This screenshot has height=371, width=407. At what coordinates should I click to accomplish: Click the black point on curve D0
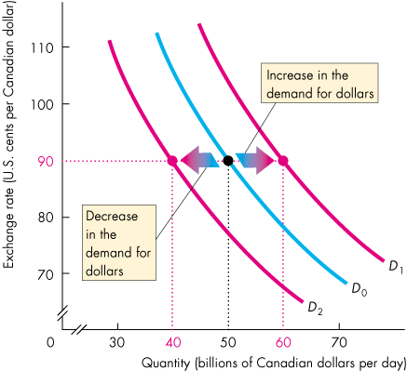pos(228,160)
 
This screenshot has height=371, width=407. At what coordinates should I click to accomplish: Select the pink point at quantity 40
pos(172,160)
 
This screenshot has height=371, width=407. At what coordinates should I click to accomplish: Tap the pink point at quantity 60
pos(284,160)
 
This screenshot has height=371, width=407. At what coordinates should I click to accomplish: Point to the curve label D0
pos(358,289)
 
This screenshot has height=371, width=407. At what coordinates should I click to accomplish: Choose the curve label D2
pos(316,308)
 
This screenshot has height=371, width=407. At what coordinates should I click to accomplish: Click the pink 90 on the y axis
pos(46,160)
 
